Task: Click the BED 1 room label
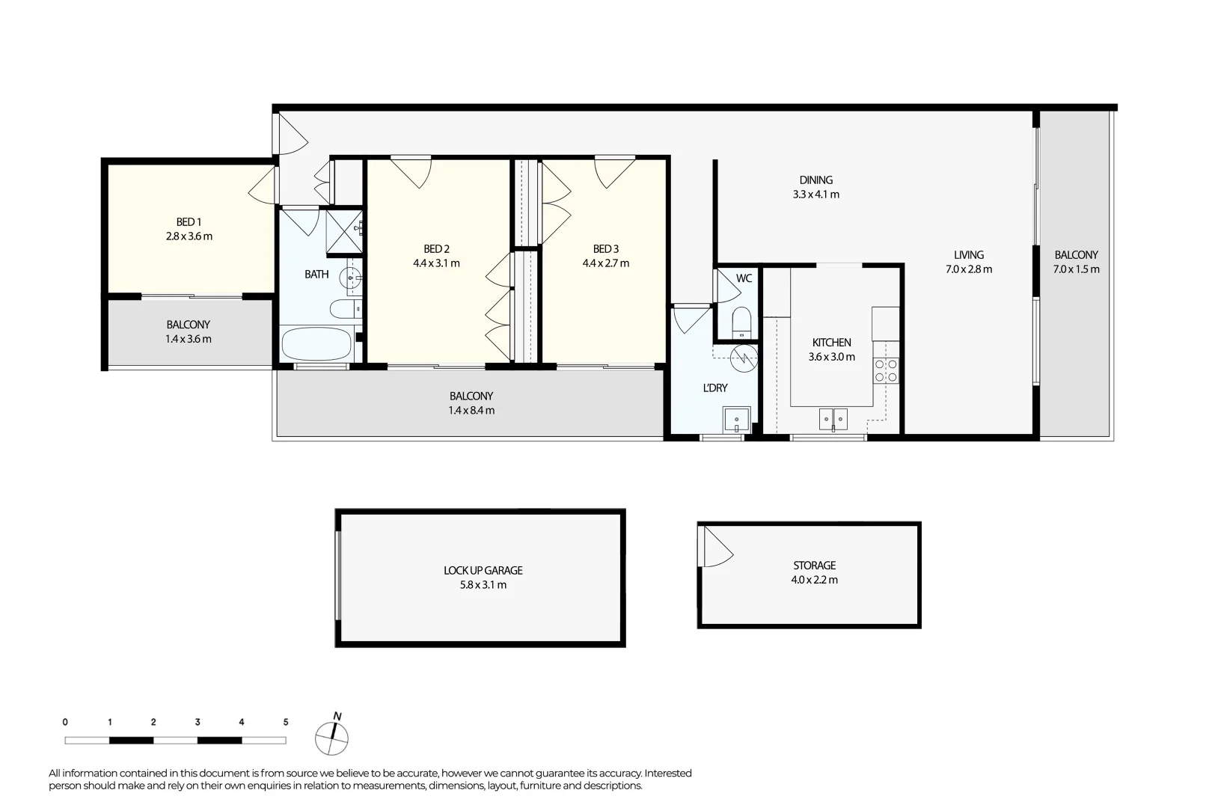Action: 189,222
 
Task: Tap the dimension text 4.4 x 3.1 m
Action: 436,263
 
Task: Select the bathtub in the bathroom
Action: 316,345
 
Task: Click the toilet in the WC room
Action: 741,321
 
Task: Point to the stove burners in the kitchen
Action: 886,370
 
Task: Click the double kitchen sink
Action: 833,418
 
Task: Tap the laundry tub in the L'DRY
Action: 736,420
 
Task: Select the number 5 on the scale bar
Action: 286,723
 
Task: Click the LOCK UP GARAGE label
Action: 483,570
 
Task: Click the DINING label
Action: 815,180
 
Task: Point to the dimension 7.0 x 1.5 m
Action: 1076,269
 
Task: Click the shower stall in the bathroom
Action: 344,232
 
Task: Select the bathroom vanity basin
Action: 350,278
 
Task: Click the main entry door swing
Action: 290,135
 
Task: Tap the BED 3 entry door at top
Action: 613,171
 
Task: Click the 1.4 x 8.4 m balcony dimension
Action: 471,411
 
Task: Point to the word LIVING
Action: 968,255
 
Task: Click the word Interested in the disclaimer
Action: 668,774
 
